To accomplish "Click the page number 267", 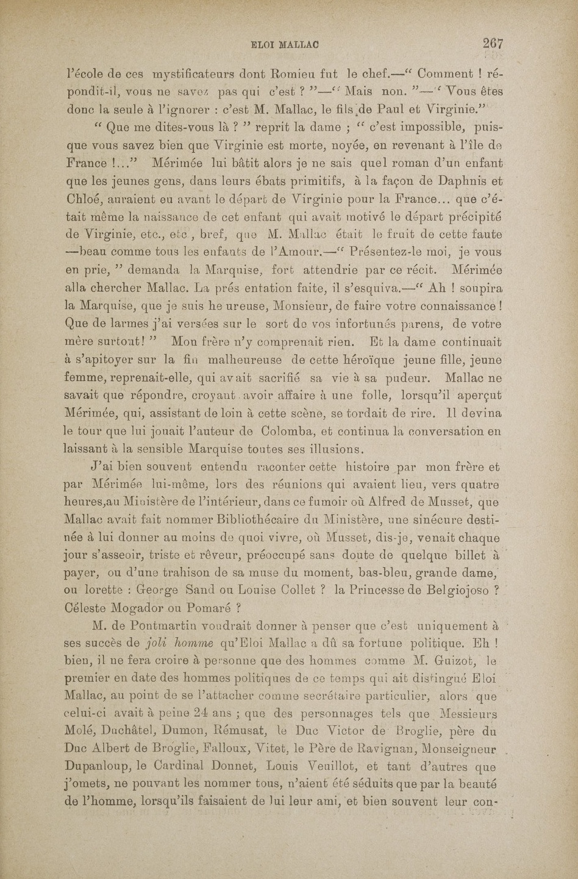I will pos(492,43).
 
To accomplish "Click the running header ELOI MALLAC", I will pos(286,44).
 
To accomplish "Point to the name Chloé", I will pos(84,199).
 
